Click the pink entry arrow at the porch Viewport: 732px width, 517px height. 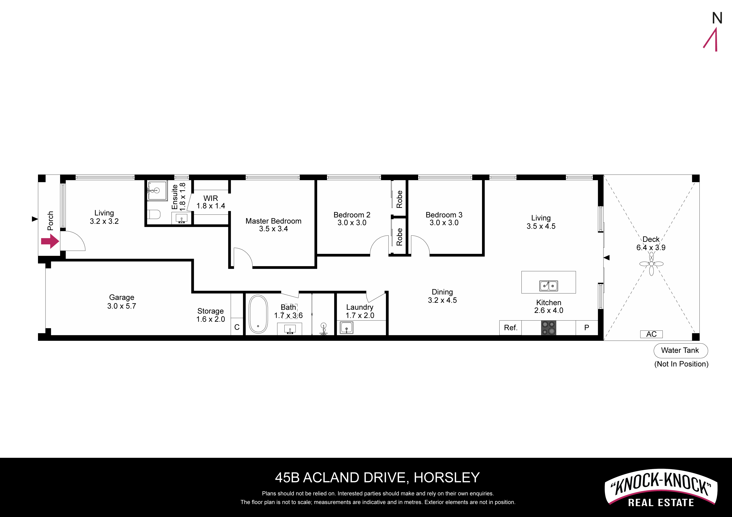(x=50, y=241)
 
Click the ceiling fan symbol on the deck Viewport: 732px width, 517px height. (x=651, y=264)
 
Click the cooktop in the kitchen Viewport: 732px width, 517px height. (x=548, y=328)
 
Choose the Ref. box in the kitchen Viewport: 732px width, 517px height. (x=510, y=328)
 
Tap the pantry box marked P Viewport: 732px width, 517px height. (x=587, y=328)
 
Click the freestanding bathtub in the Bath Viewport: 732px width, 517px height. (x=258, y=314)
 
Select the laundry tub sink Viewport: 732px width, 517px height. (x=347, y=328)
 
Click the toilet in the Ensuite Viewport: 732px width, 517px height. (x=154, y=214)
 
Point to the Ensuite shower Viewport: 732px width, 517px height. (x=157, y=191)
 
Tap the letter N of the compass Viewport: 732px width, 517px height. (x=717, y=18)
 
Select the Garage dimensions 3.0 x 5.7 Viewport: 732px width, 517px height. (x=121, y=306)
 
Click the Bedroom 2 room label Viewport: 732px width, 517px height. (x=352, y=215)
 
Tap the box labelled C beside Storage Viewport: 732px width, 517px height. (x=237, y=327)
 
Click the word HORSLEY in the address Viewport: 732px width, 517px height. (x=447, y=478)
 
